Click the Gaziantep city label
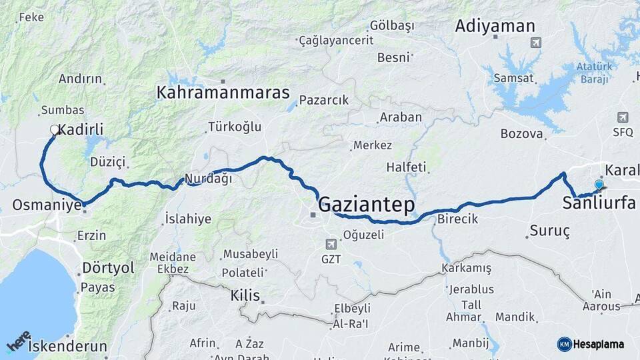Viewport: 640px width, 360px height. (x=366, y=204)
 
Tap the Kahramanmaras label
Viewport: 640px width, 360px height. (x=223, y=93)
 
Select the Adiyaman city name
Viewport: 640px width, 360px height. (x=495, y=27)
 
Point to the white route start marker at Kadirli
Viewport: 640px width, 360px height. (x=55, y=130)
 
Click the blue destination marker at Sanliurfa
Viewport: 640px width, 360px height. (x=599, y=185)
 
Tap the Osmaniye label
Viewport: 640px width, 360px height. (x=47, y=205)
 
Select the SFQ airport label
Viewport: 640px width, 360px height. (x=623, y=132)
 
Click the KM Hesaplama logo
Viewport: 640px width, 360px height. (x=591, y=344)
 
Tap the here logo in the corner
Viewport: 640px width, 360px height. (x=18, y=341)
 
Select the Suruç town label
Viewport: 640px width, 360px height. (x=549, y=231)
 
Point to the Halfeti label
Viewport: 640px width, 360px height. (x=407, y=167)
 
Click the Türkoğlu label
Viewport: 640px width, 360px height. (x=235, y=127)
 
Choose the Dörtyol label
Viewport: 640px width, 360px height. (x=108, y=268)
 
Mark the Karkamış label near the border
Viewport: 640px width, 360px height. (x=466, y=268)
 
